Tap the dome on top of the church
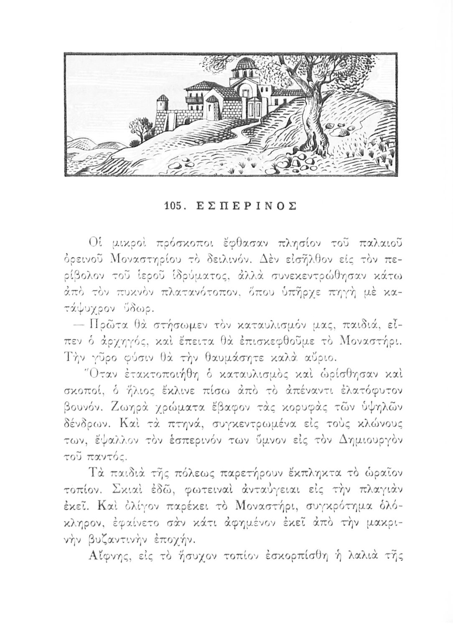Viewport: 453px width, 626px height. tap(247, 65)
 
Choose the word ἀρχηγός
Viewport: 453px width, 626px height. tap(112, 328)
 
